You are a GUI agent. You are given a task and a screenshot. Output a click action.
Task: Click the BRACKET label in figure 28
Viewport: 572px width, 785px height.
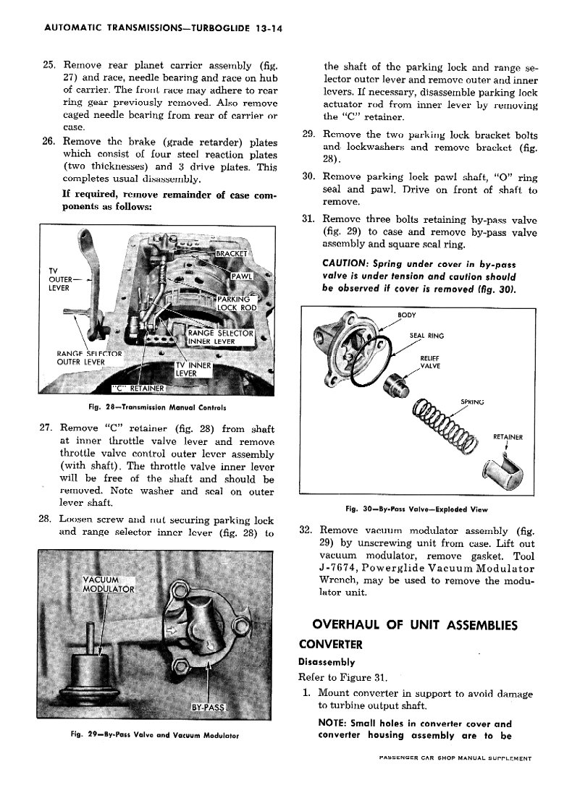232,253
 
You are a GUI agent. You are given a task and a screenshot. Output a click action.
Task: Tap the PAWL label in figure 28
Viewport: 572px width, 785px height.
240,279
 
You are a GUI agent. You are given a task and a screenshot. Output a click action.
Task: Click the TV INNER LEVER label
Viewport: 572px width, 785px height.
193,369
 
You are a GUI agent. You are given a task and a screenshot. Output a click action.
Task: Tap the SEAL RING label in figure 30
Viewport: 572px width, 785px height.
426,336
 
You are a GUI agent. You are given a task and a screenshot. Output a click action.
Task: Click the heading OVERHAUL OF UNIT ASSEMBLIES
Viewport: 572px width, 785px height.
414,624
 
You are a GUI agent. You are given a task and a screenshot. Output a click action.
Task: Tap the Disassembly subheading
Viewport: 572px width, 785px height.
327,661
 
